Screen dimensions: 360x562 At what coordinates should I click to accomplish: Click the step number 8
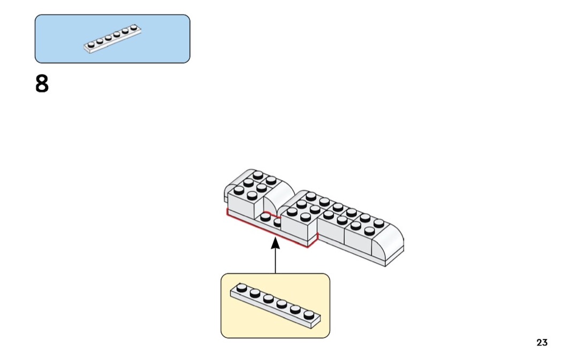(42, 84)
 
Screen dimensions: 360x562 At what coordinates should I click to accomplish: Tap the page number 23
(542, 342)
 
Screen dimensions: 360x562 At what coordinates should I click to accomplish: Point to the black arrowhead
(275, 243)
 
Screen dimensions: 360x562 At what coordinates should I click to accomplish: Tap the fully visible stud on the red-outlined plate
(265, 217)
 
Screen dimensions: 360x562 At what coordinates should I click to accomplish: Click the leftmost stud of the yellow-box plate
(242, 287)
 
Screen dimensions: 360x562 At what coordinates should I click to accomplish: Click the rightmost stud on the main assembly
(379, 223)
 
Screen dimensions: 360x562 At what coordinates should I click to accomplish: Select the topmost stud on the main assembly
(258, 174)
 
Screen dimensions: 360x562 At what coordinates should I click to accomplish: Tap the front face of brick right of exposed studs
(297, 233)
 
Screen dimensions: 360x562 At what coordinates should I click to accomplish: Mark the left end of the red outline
(227, 213)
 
